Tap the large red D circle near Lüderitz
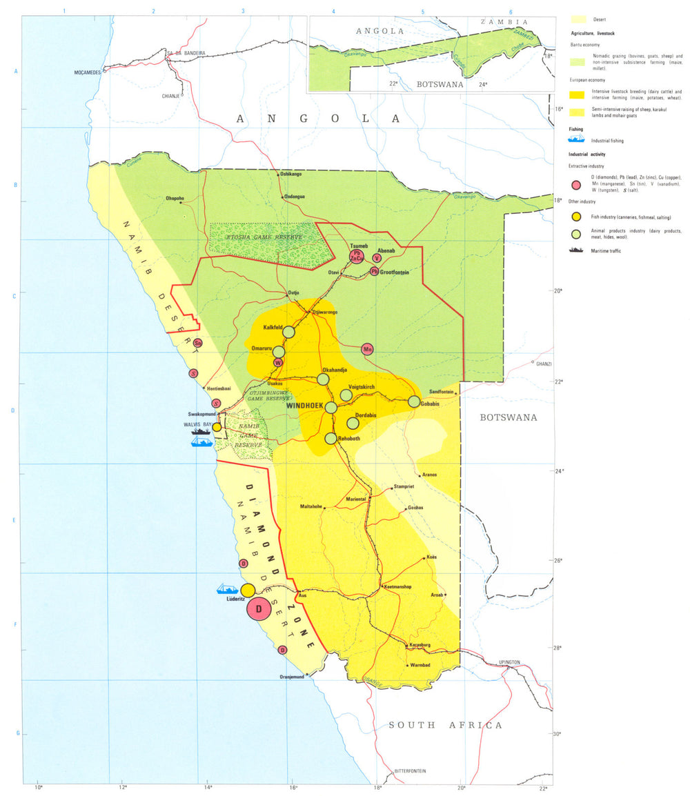(259, 609)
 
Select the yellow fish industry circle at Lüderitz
(248, 590)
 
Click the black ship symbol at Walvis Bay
(201, 431)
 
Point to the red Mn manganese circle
(368, 350)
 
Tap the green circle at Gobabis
(414, 401)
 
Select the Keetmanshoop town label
(400, 586)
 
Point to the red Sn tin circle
(198, 343)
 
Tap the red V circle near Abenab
(376, 258)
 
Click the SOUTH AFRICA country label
(445, 725)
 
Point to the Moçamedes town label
(87, 72)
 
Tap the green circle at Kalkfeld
(288, 332)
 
